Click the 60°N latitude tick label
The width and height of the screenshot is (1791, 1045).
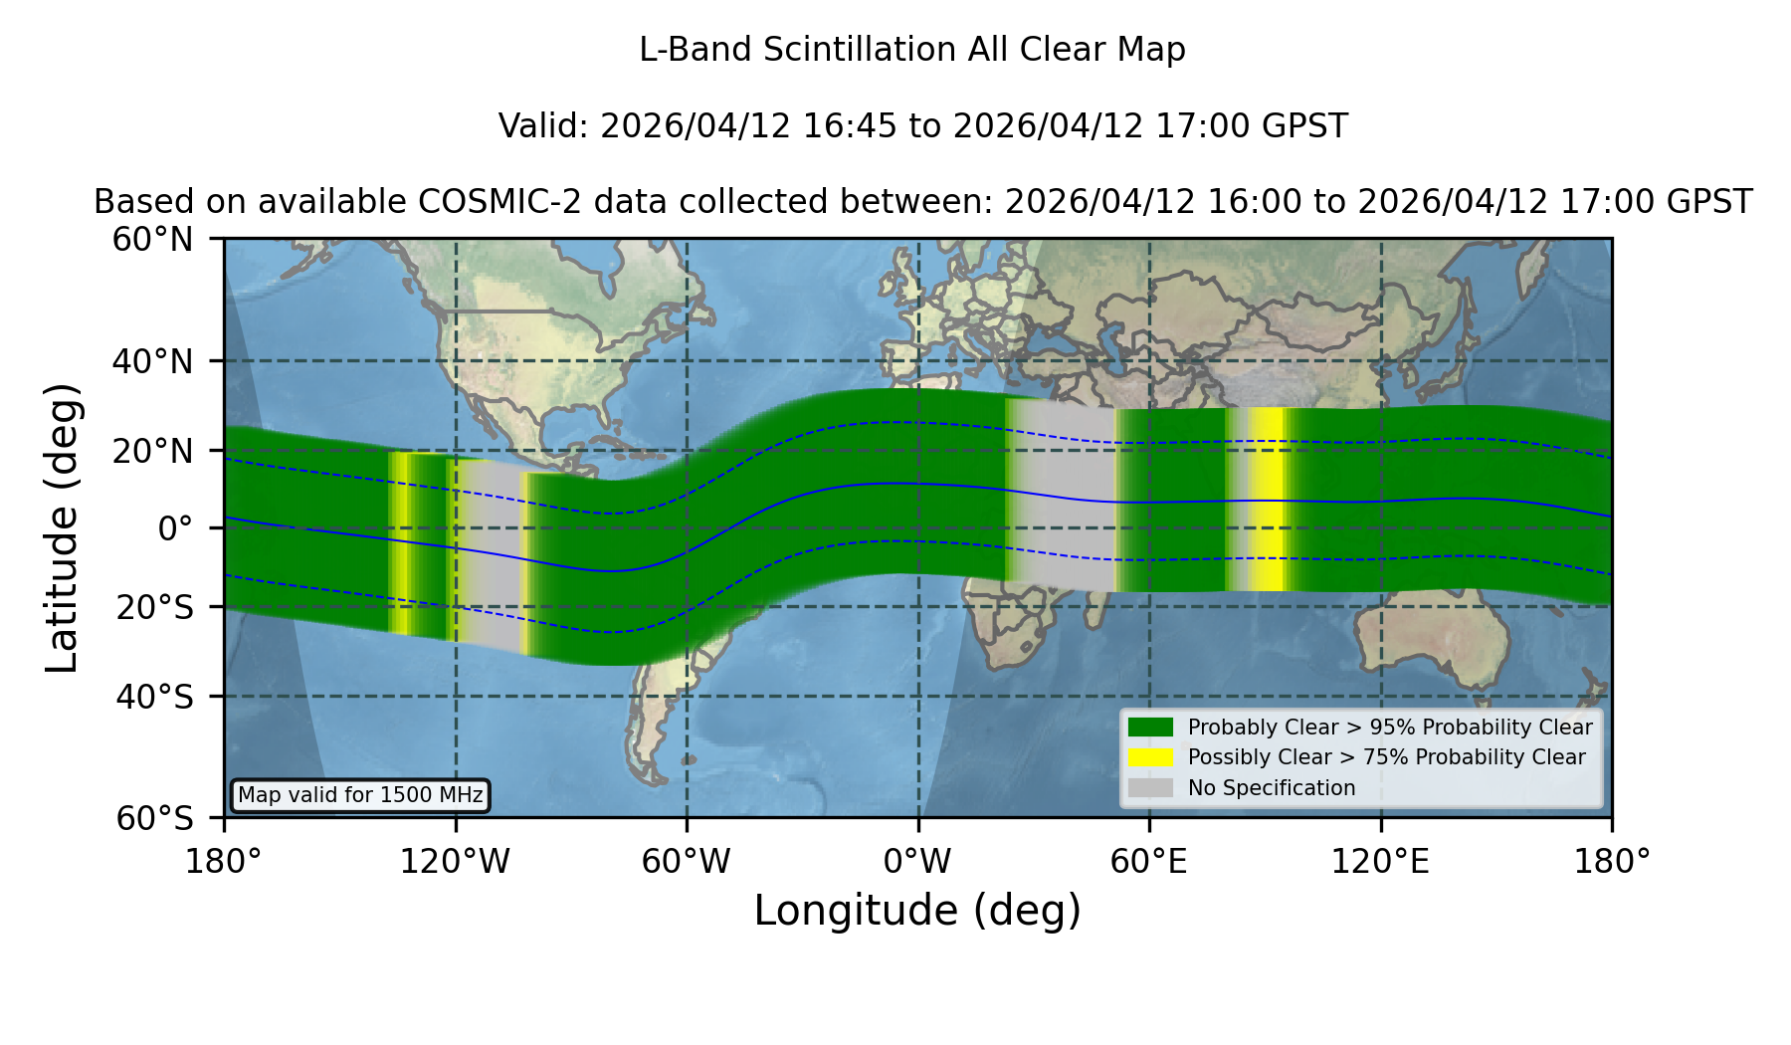[x=152, y=240]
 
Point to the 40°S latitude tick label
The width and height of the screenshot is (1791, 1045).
[x=154, y=697]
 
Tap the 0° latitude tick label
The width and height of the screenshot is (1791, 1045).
[x=175, y=527]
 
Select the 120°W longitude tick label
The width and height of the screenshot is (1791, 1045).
[x=455, y=861]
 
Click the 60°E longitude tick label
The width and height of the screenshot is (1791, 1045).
[x=1149, y=861]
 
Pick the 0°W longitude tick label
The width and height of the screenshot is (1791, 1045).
[x=917, y=861]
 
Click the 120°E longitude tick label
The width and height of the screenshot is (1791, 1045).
[x=1380, y=861]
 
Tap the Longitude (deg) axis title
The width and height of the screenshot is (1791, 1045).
[x=917, y=911]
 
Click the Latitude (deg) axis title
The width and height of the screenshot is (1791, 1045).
[x=62, y=527]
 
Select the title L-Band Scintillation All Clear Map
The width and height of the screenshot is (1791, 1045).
[x=912, y=50]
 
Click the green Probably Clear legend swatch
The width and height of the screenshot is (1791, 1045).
[x=1151, y=727]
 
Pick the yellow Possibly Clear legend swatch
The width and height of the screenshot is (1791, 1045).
[x=1151, y=757]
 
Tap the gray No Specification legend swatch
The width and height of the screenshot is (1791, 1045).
[x=1151, y=788]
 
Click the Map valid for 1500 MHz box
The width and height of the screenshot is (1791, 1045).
[x=360, y=795]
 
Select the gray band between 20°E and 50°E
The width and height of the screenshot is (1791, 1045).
[x=1061, y=495]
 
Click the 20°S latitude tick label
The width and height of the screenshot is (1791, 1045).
[x=154, y=607]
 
